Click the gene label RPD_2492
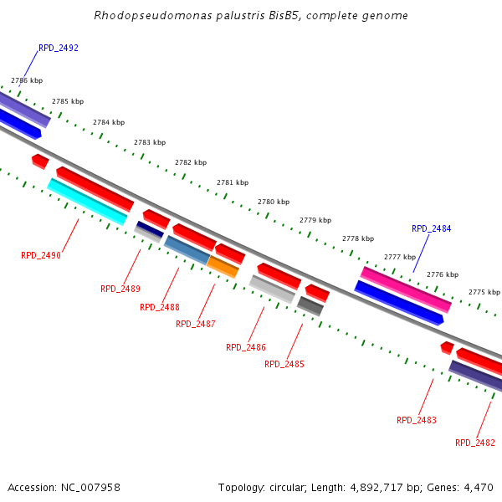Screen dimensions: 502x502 click(58, 48)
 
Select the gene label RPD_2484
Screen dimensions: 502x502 click(431, 228)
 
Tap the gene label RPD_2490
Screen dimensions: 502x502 click(41, 255)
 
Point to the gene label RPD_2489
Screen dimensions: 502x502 click(120, 289)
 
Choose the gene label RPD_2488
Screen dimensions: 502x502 click(160, 307)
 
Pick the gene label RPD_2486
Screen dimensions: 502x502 click(246, 347)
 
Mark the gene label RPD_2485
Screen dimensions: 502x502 click(284, 364)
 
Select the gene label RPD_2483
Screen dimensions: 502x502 click(417, 420)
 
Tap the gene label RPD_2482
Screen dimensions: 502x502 click(475, 443)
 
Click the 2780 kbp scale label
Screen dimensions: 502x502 click(274, 202)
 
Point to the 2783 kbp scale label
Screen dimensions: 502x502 click(150, 142)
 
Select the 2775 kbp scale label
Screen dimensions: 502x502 click(484, 292)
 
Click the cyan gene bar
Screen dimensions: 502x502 click(87, 202)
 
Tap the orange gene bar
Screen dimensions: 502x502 click(223, 267)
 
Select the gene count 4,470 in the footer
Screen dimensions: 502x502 click(477, 487)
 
